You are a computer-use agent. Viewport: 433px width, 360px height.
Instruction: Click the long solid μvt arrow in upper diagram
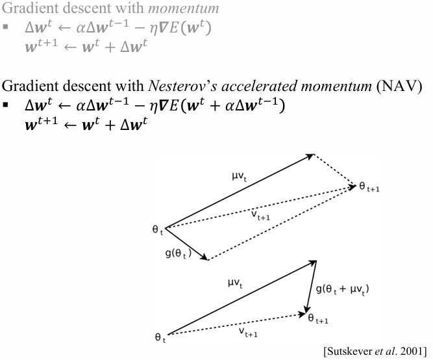(x=240, y=191)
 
